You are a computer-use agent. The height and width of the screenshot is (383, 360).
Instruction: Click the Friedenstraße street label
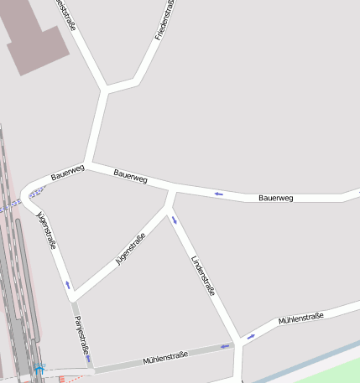coord(164,20)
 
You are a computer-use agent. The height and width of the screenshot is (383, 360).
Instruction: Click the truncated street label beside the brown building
coord(65,14)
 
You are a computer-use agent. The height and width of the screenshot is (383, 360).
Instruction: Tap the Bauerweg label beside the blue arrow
coord(276,198)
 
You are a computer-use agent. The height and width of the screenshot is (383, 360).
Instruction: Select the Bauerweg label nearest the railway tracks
coord(68,173)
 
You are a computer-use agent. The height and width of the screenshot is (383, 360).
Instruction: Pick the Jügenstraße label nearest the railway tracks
coord(46,230)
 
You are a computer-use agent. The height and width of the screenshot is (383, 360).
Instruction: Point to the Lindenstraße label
coord(204,276)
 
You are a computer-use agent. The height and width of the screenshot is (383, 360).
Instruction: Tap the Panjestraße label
coord(81,334)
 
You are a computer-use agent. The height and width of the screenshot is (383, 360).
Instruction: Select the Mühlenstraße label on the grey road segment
coord(166,358)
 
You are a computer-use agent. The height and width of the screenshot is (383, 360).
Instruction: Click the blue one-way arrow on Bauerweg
coord(219,194)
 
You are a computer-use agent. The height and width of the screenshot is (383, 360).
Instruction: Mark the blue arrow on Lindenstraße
coord(175,220)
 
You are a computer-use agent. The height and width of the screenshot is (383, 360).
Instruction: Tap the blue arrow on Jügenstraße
coord(68,285)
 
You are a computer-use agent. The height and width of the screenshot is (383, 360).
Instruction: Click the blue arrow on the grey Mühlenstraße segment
coord(225,345)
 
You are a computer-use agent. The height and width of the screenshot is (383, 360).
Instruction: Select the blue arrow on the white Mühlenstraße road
coord(250,337)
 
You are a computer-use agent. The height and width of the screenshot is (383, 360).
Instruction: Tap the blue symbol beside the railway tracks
coord(39,367)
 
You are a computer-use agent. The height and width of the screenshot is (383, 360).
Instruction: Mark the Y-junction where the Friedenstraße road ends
coord(106,88)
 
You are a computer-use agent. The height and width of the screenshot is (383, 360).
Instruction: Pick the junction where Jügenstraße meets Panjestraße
coord(74,298)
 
